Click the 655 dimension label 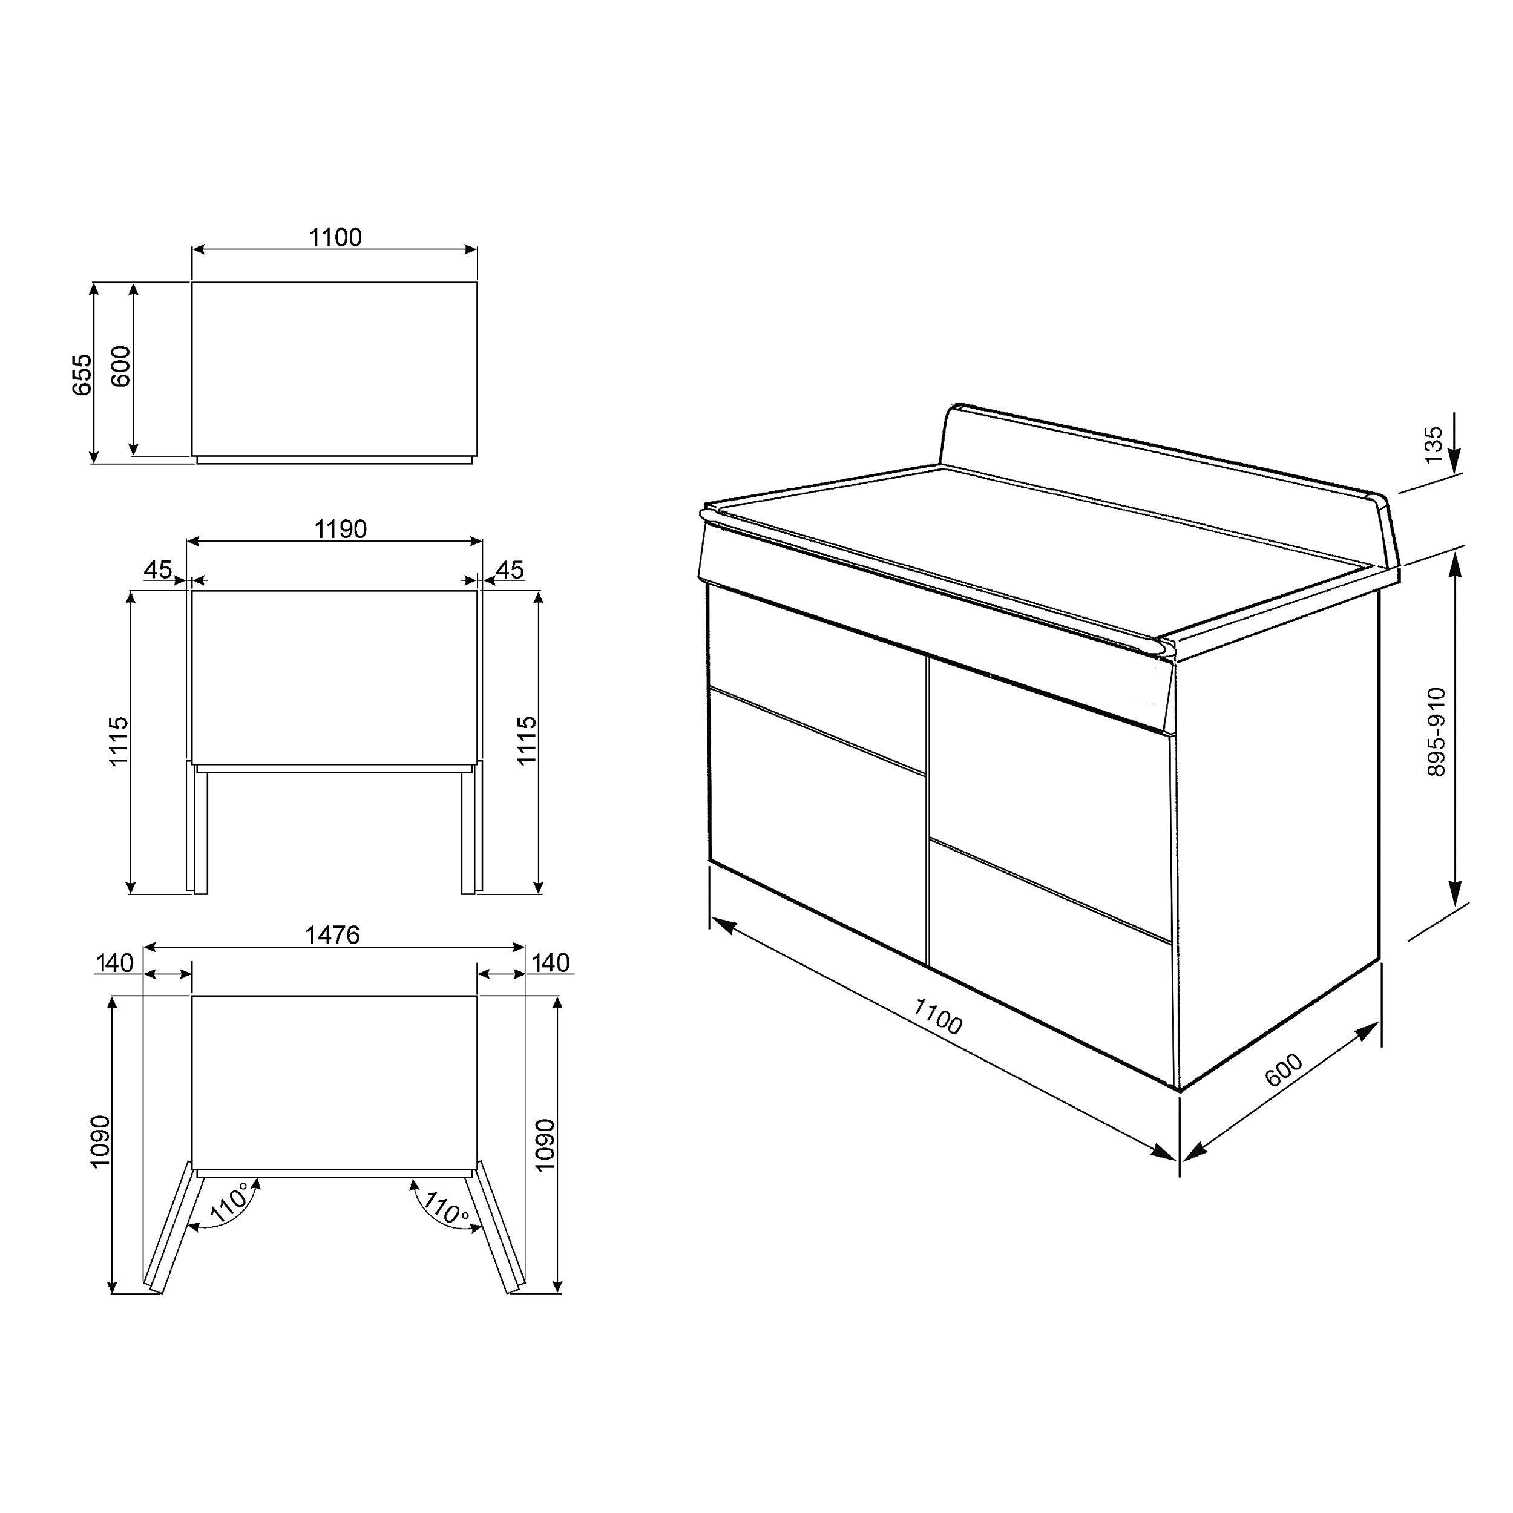(x=83, y=375)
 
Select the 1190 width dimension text (x=341, y=530)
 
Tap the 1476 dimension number (x=332, y=934)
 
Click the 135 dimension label (x=1433, y=444)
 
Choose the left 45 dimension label (x=157, y=570)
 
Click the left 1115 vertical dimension (x=118, y=741)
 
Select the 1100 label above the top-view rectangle (x=335, y=237)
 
